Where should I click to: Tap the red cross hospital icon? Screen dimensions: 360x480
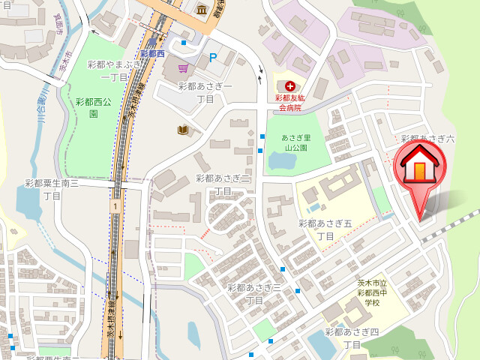(x=289, y=86)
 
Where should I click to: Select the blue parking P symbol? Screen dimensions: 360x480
(x=213, y=56)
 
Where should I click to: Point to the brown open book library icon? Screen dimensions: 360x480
(x=182, y=130)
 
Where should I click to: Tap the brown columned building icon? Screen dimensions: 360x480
(x=202, y=10)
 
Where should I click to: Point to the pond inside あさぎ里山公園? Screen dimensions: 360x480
(x=279, y=160)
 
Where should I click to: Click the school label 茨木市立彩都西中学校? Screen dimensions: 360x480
(x=373, y=292)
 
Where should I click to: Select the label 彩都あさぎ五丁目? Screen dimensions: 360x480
(x=325, y=229)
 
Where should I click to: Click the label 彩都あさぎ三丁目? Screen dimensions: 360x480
(x=253, y=293)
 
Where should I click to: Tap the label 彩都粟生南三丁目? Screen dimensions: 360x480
(x=52, y=188)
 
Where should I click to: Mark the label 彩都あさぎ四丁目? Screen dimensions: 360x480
(x=352, y=337)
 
